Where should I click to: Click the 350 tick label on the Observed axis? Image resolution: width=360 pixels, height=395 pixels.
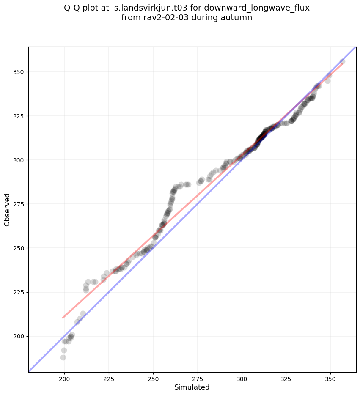pyautogui.click(x=19, y=72)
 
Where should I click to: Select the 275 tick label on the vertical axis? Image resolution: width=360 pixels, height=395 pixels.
pyautogui.click(x=19, y=204)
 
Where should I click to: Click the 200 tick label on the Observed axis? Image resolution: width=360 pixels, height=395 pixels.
pyautogui.click(x=19, y=336)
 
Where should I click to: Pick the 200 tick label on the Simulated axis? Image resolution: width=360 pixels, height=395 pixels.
pyautogui.click(x=64, y=379)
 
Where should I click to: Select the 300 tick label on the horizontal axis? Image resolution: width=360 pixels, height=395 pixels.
pyautogui.click(x=242, y=379)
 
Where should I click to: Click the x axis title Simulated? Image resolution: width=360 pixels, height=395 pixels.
pyautogui.click(x=192, y=387)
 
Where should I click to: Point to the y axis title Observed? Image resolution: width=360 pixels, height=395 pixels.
pyautogui.click(x=7, y=210)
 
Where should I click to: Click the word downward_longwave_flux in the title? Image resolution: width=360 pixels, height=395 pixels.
pyautogui.click(x=257, y=8)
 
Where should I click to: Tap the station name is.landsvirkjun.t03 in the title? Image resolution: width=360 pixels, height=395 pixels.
pyautogui.click(x=150, y=8)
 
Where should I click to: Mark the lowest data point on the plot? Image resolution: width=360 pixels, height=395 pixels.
pyautogui.click(x=63, y=357)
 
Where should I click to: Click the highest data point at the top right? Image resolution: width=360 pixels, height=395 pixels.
pyautogui.click(x=342, y=61)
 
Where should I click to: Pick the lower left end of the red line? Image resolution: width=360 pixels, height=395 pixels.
pyautogui.click(x=63, y=318)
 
